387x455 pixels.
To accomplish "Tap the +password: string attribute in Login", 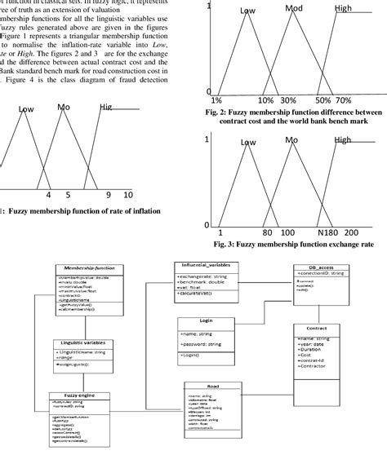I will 202,345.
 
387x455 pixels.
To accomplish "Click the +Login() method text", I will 192,356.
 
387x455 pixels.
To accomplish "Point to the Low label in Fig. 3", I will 249,143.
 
